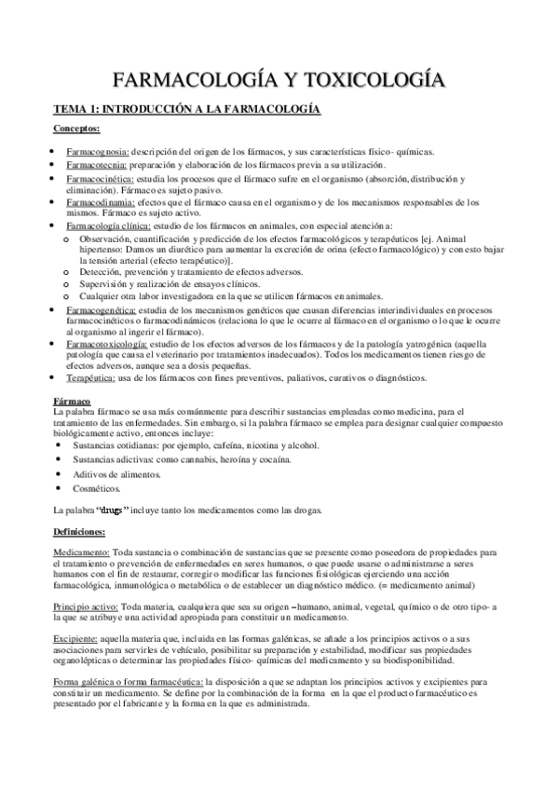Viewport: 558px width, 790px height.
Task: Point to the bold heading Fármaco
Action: point(70,400)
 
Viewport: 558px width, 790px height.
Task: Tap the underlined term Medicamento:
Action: point(82,552)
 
